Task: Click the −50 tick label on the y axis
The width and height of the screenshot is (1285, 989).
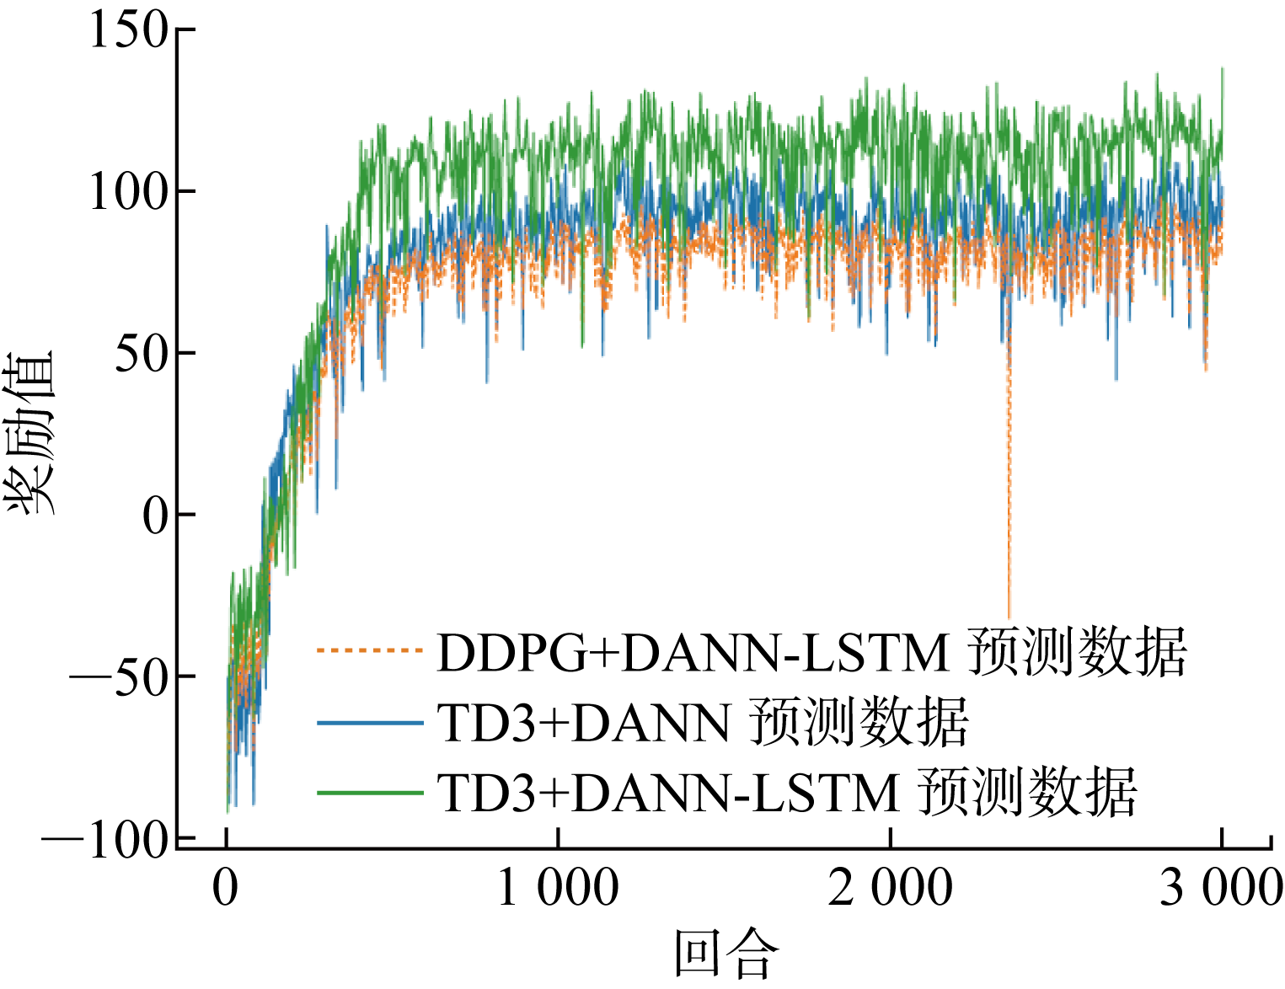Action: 120,676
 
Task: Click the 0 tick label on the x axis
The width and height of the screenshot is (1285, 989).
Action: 226,887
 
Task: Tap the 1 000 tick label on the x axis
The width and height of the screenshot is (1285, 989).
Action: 558,887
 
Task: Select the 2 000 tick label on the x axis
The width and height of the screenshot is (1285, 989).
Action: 890,887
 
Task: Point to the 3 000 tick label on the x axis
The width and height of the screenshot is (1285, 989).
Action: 1221,887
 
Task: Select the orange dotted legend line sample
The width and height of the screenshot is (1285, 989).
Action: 369,650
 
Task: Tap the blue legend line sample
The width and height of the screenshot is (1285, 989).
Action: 369,723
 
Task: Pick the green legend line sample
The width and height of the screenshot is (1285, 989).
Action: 369,793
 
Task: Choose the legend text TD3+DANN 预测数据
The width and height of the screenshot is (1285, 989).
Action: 703,724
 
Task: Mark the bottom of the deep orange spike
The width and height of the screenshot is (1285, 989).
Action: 1009,617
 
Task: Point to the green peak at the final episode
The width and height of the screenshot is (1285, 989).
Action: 1222,69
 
